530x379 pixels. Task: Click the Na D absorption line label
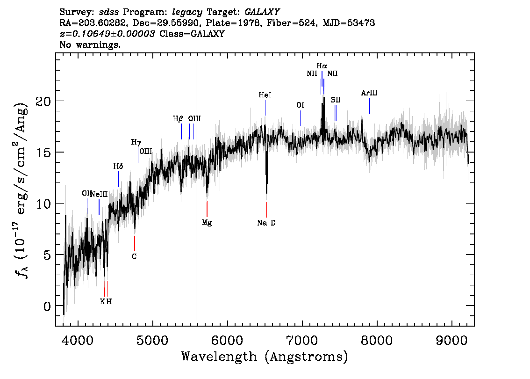pos(266,223)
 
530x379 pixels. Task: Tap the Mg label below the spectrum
pos(207,223)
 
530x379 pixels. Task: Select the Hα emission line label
pos(322,66)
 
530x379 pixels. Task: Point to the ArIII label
pos(369,93)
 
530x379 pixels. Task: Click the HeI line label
pos(265,95)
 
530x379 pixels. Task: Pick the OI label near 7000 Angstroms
pos(300,105)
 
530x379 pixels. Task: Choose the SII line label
pos(336,100)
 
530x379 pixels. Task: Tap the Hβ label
pos(178,119)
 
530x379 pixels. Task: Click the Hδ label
pos(118,166)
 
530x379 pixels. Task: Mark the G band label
pos(135,256)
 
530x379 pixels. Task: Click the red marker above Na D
pos(267,210)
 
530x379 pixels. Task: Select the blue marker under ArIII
pos(369,106)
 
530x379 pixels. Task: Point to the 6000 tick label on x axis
pos(227,341)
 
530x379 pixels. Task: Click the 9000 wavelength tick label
pos(451,341)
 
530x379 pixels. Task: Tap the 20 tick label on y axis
pos(43,101)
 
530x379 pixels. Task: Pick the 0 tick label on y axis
pos(47,306)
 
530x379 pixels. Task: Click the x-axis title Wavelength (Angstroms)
pos(265,357)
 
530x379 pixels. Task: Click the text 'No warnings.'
pos(90,44)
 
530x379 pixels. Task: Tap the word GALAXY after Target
pos(262,12)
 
